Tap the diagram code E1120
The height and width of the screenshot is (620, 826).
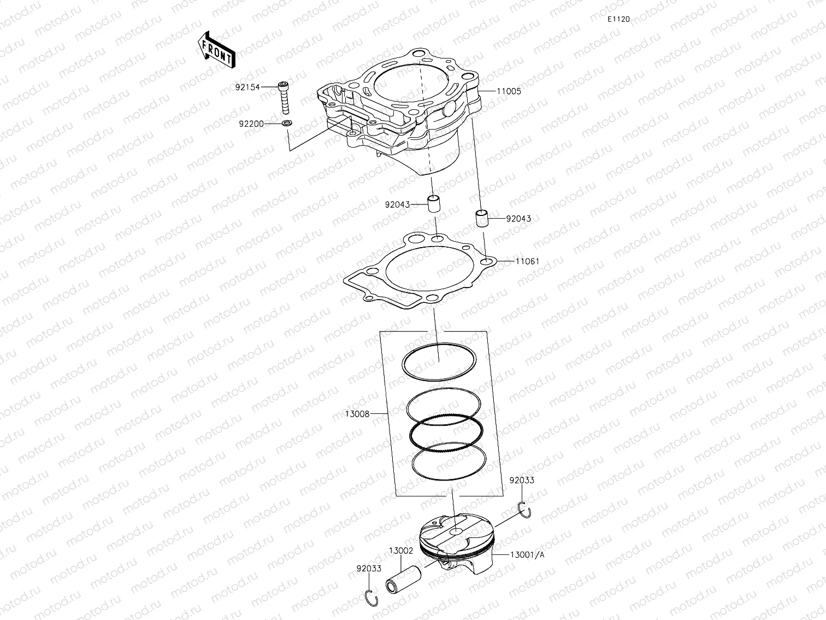pos(618,19)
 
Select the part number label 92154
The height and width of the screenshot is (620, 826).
pos(248,87)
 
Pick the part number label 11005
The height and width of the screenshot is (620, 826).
pos(509,91)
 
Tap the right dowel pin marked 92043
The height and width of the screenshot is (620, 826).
pos(481,218)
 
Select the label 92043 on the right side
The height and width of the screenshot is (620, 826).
pos(518,219)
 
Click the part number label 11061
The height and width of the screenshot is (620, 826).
pos(527,261)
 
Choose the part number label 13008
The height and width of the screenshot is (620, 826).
pos(358,414)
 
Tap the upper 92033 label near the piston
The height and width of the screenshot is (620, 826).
pos(522,481)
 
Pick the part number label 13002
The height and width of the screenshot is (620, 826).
pos(401,551)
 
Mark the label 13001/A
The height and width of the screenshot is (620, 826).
pos(527,555)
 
